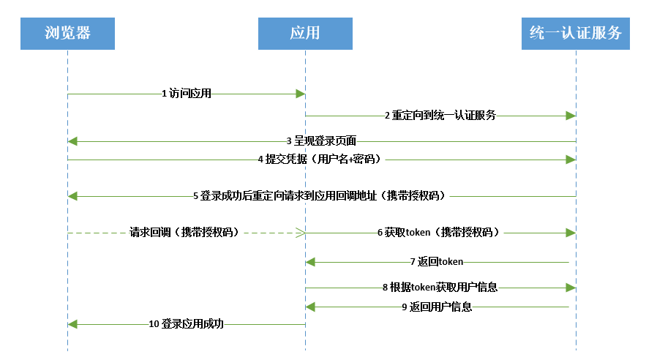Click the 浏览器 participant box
click(67, 34)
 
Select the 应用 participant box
click(305, 34)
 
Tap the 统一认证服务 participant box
click(576, 34)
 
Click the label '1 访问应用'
click(187, 94)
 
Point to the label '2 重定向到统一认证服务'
click(440, 116)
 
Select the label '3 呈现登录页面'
click(321, 140)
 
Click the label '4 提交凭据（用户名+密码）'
click(320, 159)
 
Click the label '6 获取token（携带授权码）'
click(438, 233)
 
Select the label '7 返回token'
click(437, 261)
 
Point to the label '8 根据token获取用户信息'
click(440, 288)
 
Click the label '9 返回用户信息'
click(437, 307)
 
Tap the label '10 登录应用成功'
click(187, 323)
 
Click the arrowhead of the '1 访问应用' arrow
click(301, 94)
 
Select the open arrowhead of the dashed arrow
click(301, 233)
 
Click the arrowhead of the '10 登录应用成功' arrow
click(72, 323)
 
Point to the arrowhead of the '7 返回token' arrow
click(310, 261)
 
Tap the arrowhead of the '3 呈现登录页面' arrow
click(72, 140)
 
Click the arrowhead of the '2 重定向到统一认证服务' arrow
click(571, 116)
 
